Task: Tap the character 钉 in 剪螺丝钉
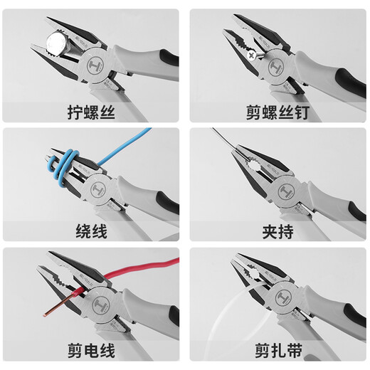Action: pyautogui.click(x=310, y=112)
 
